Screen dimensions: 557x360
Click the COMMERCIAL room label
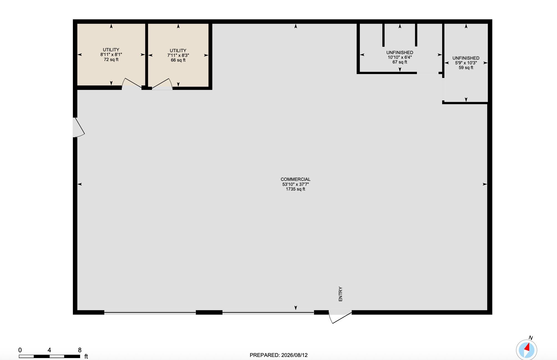[295, 179]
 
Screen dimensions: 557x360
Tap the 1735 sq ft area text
[295, 189]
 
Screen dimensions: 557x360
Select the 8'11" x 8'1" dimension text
[111, 55]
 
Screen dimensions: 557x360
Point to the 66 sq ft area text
[178, 60]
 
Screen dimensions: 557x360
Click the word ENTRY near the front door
[340, 294]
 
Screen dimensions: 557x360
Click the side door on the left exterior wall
[79, 127]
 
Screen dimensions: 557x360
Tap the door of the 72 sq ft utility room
[132, 83]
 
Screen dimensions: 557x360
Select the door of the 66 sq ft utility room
[162, 84]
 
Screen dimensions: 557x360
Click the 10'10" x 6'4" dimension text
[400, 57]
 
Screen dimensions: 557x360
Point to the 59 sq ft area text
[466, 68]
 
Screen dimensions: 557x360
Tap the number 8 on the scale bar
[80, 350]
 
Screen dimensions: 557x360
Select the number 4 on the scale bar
[49, 350]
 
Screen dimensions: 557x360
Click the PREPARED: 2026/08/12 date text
[278, 355]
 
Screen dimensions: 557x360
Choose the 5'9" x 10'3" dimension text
[466, 63]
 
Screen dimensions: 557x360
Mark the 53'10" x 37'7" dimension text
[295, 184]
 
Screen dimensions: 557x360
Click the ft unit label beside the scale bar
[86, 356]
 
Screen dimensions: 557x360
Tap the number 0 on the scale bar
[20, 350]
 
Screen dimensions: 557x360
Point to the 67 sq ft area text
[400, 62]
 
